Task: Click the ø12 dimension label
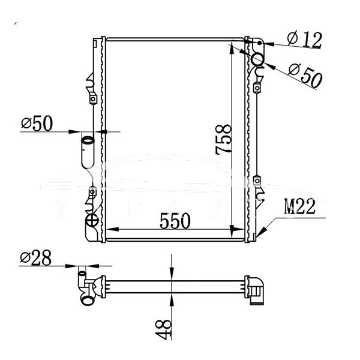(304, 40)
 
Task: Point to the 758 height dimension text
(223, 140)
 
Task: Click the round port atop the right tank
(258, 59)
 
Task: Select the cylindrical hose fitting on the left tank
(87, 151)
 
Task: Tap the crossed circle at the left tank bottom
(92, 221)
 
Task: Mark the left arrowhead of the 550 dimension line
(110, 230)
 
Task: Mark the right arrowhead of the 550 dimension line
(239, 230)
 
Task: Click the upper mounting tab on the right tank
(257, 88)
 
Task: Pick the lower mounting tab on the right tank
(257, 180)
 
